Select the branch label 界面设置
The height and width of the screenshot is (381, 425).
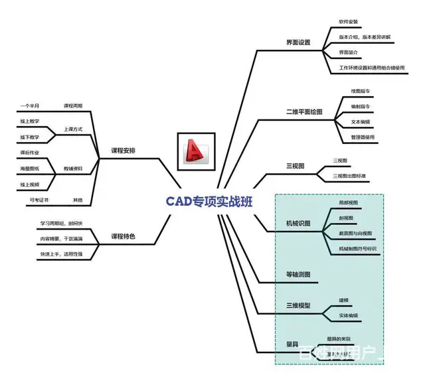[x=294, y=43]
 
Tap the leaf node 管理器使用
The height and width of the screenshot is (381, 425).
[x=363, y=137]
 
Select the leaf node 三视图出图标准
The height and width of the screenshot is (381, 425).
[x=354, y=175]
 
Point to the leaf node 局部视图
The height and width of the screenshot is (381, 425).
[x=348, y=201]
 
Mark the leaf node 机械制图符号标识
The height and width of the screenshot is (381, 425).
[x=357, y=249]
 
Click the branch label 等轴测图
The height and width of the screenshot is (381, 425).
[x=297, y=274]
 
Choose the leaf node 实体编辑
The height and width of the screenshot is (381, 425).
[x=348, y=315]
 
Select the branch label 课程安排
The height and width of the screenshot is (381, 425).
[x=124, y=151]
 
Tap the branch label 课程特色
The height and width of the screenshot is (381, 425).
[x=123, y=236]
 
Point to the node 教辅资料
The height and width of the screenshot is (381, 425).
[x=73, y=169]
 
